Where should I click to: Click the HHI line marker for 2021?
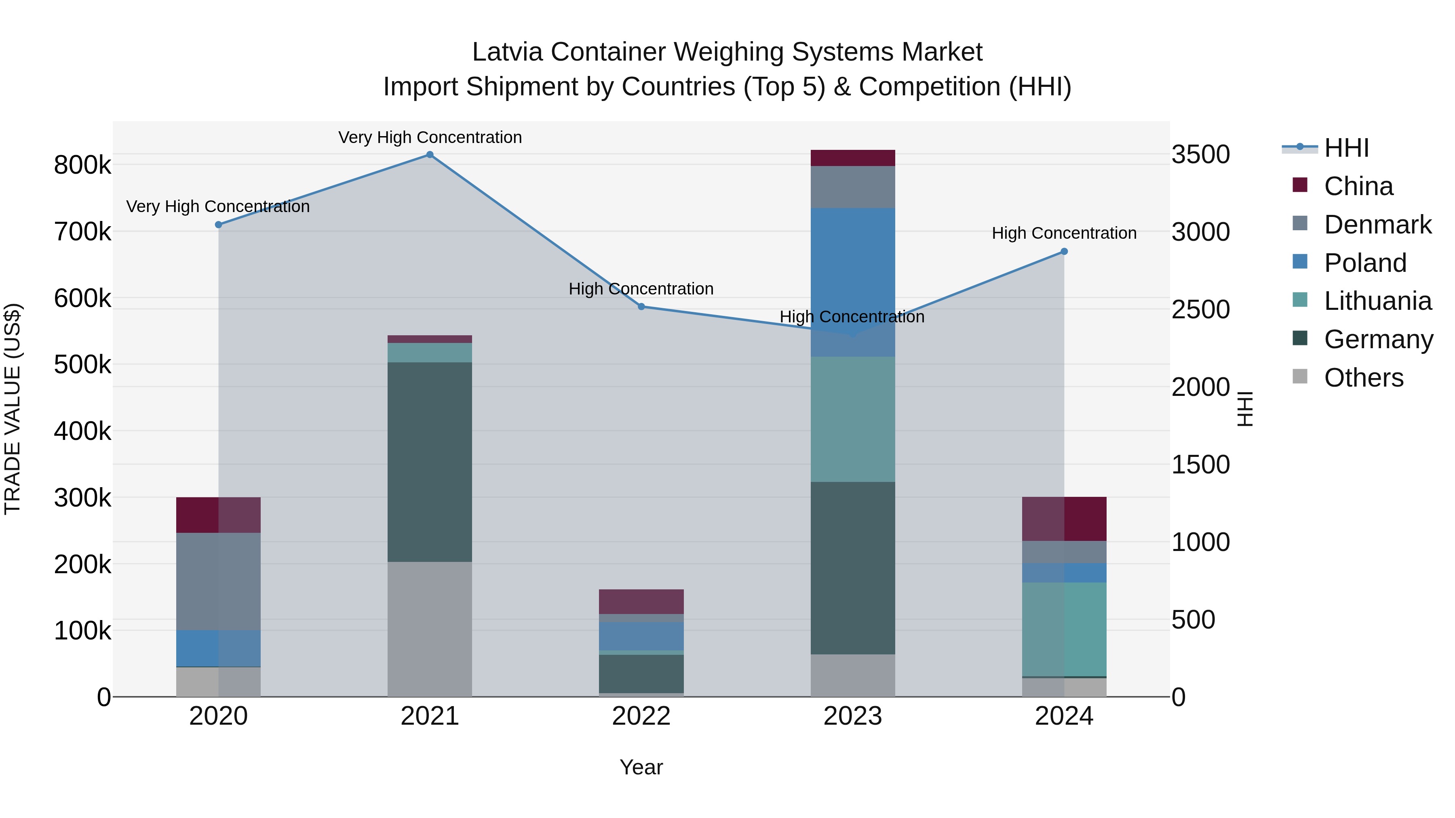click(430, 155)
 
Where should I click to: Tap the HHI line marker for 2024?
click(1064, 252)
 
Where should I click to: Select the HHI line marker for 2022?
click(642, 307)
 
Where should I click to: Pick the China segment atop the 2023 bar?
click(853, 158)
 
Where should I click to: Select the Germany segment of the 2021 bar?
click(430, 462)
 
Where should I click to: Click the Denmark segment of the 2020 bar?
click(219, 581)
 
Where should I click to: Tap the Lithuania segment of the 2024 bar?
click(1064, 629)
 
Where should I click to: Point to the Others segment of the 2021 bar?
click(430, 629)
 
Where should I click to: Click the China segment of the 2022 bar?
click(642, 602)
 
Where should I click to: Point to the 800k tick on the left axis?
click(82, 165)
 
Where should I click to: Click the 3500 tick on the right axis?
click(1201, 155)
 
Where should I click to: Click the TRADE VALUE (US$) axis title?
click(13, 409)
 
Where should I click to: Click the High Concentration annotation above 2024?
click(1064, 233)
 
